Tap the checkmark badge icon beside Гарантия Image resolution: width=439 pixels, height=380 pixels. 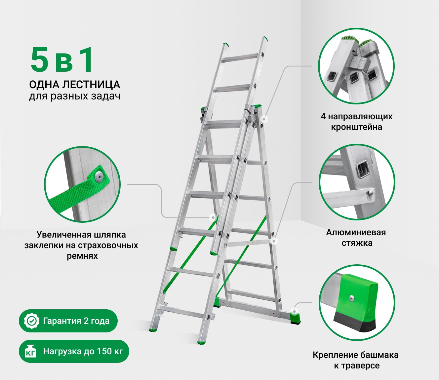click(x=32, y=321)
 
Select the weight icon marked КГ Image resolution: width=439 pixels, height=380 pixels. click(x=31, y=351)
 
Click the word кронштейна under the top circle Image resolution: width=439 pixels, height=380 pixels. click(x=357, y=127)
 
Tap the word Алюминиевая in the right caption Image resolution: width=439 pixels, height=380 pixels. click(x=356, y=232)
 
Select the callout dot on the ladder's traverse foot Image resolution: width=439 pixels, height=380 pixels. click(x=294, y=312)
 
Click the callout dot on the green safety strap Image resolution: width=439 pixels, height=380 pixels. click(x=213, y=218)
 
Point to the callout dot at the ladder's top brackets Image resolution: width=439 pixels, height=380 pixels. click(x=264, y=119)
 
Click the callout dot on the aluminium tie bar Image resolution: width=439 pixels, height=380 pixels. click(x=274, y=241)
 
